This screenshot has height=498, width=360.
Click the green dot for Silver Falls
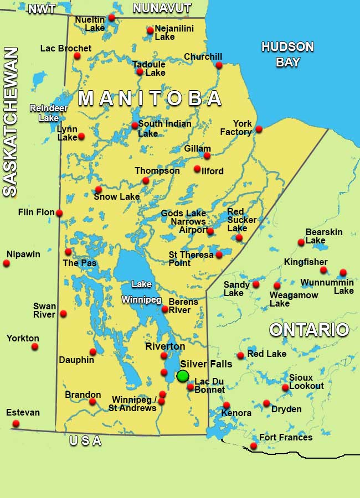pos(183,376)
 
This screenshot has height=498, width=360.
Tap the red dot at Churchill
pos(219,65)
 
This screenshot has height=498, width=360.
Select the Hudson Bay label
pos(287,54)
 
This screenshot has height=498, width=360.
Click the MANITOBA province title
pos(150,98)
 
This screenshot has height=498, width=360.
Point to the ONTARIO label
pos(309,330)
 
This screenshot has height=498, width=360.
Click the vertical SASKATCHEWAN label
pos(10,122)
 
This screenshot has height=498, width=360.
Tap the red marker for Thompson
pos(146,180)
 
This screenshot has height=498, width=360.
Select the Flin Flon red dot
pos(59,213)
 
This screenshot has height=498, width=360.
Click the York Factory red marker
pos(259,129)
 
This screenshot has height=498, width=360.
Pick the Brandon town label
pos(75,395)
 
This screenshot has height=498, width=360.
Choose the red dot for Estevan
pos(16,424)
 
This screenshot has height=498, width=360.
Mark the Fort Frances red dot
pos(254,446)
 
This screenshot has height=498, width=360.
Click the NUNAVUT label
pos(162,8)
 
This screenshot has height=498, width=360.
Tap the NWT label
pos(43,9)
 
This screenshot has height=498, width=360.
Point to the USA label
pos(85,441)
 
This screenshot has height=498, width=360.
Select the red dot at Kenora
pos(227,405)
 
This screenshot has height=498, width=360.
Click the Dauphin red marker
pos(93,352)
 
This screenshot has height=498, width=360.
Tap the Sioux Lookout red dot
pos(285,388)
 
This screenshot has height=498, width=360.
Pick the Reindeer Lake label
pos(44,112)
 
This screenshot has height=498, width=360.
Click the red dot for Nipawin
pos(7,263)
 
